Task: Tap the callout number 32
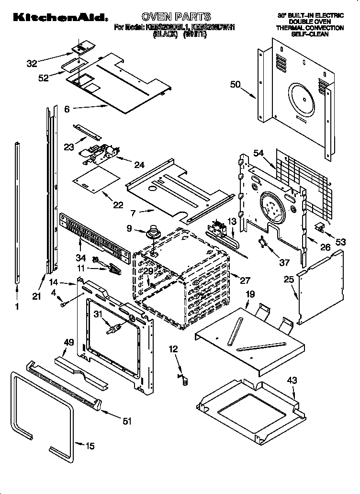click(x=32, y=63)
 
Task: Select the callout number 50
click(x=235, y=85)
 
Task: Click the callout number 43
click(x=292, y=381)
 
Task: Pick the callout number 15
click(x=90, y=446)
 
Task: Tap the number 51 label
click(x=127, y=421)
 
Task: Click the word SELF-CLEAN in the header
click(x=310, y=35)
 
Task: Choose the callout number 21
click(x=37, y=296)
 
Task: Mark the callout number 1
click(x=18, y=307)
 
